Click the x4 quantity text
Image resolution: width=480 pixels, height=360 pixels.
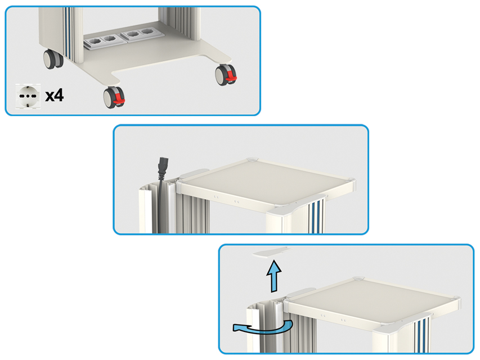tap(54, 95)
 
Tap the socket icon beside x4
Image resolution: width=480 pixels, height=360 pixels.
tap(28, 96)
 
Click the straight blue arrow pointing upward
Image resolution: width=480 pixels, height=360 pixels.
tap(274, 276)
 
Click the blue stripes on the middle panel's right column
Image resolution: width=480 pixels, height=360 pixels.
tap(318, 214)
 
